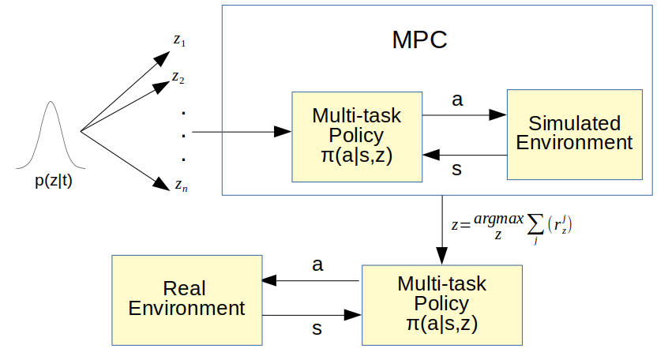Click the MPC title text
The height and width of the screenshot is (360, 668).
click(419, 40)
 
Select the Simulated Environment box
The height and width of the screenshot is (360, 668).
click(575, 135)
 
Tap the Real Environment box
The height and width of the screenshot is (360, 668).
click(187, 300)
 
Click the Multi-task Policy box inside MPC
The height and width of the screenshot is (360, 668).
click(357, 137)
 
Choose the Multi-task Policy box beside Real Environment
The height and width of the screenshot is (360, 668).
click(442, 305)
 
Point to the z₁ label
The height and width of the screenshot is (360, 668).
click(179, 40)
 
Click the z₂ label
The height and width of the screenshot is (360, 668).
click(178, 77)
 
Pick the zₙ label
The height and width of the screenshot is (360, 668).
click(181, 186)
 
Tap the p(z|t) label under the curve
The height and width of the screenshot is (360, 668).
click(54, 181)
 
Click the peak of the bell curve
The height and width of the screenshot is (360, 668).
click(51, 101)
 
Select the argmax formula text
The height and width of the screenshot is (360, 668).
click(511, 226)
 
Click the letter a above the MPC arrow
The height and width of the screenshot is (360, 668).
click(457, 99)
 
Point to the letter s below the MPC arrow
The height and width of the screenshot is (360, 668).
click(456, 169)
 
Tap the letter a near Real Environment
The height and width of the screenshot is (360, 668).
click(317, 265)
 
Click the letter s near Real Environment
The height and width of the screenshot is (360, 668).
click(317, 329)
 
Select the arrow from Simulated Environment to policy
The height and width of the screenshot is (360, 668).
click(465, 155)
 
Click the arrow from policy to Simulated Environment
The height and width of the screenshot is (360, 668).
click(464, 114)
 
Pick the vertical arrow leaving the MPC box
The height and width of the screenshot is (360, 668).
click(442, 230)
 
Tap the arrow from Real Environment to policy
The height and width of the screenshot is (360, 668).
click(312, 315)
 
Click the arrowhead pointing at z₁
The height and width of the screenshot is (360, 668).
click(163, 58)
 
